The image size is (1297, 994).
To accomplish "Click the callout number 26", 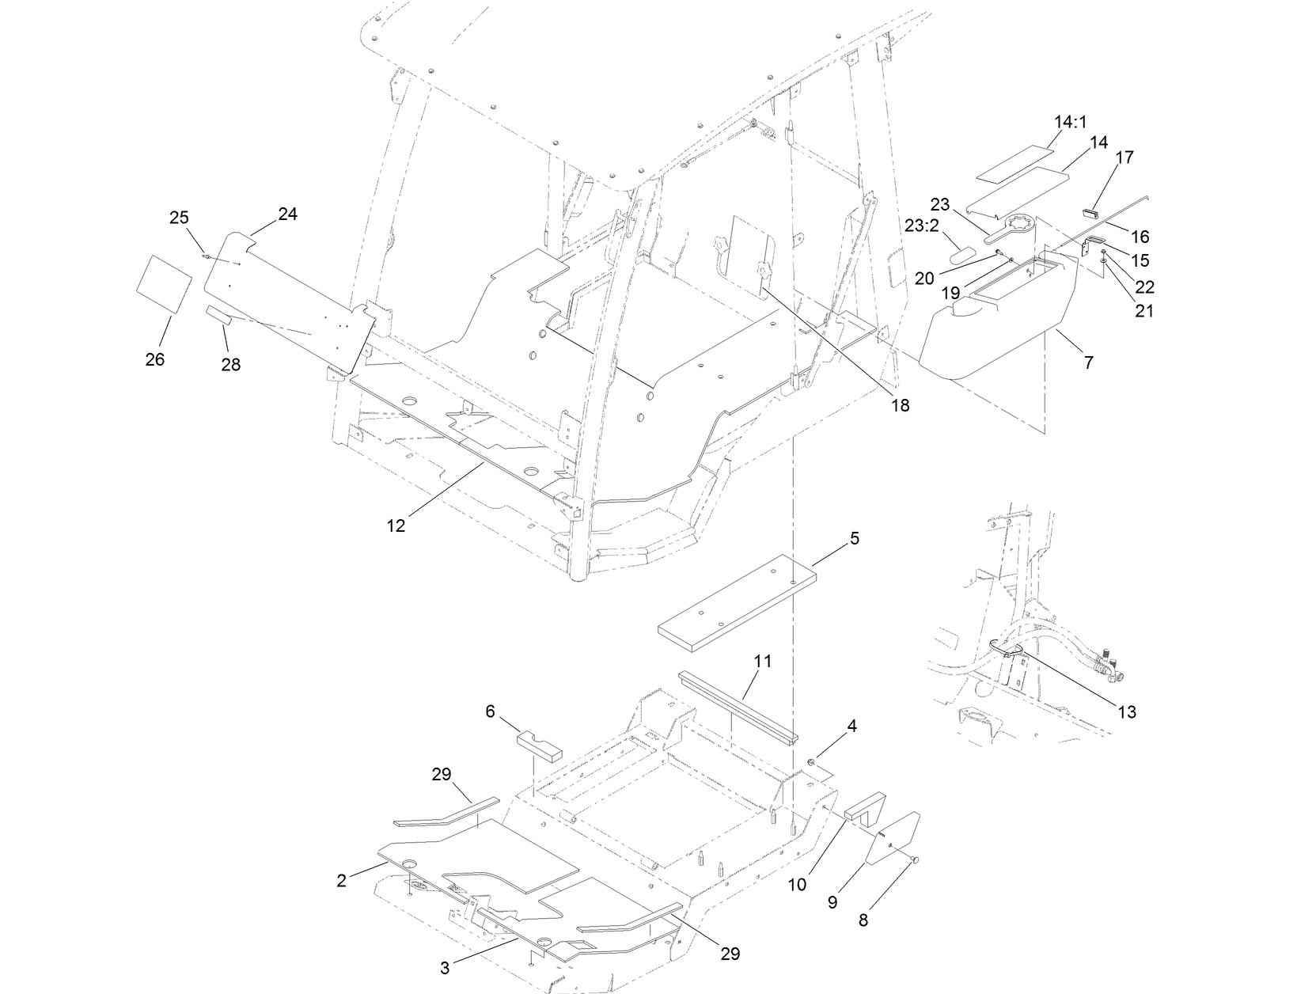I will (x=155, y=359).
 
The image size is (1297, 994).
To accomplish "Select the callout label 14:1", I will (x=1070, y=123).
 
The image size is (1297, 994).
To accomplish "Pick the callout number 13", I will (x=1127, y=711).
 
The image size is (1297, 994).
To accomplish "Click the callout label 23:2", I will (x=921, y=225).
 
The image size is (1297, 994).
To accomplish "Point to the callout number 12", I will (x=396, y=525).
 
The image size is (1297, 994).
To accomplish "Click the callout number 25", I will (x=180, y=218).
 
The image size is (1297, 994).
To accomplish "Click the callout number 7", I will (x=1088, y=362).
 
